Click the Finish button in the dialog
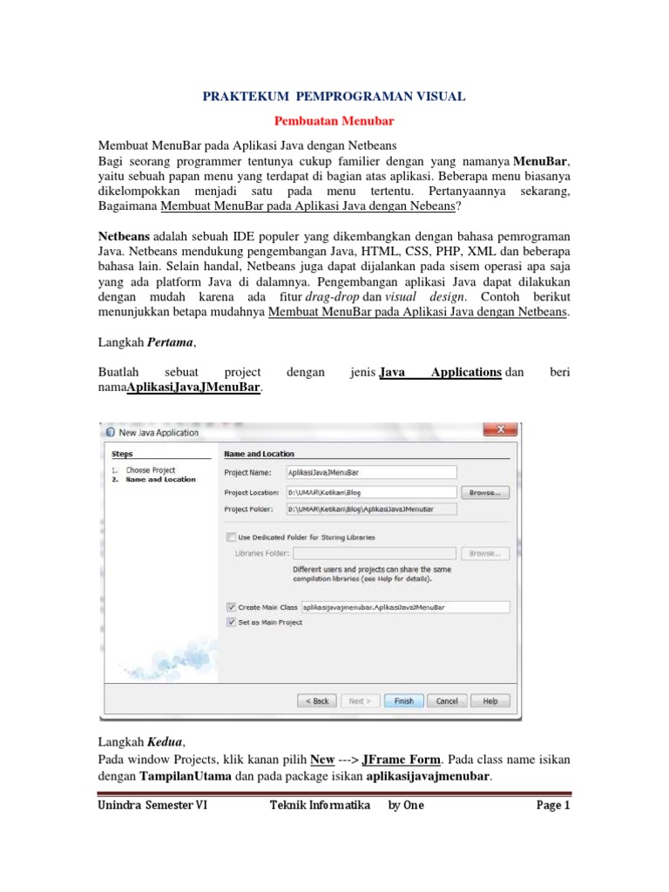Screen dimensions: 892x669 tap(404, 700)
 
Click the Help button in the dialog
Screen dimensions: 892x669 tap(490, 700)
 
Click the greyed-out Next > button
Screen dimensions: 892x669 tap(361, 700)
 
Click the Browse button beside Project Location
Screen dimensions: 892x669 tap(485, 492)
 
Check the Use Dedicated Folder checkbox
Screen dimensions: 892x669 tap(231, 537)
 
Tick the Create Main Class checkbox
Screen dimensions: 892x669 tap(231, 606)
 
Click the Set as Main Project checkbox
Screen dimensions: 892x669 tap(231, 622)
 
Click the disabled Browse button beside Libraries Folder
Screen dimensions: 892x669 tap(485, 553)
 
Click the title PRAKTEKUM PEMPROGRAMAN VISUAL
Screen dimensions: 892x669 tap(334, 98)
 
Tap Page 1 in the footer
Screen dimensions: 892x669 tap(552, 806)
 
